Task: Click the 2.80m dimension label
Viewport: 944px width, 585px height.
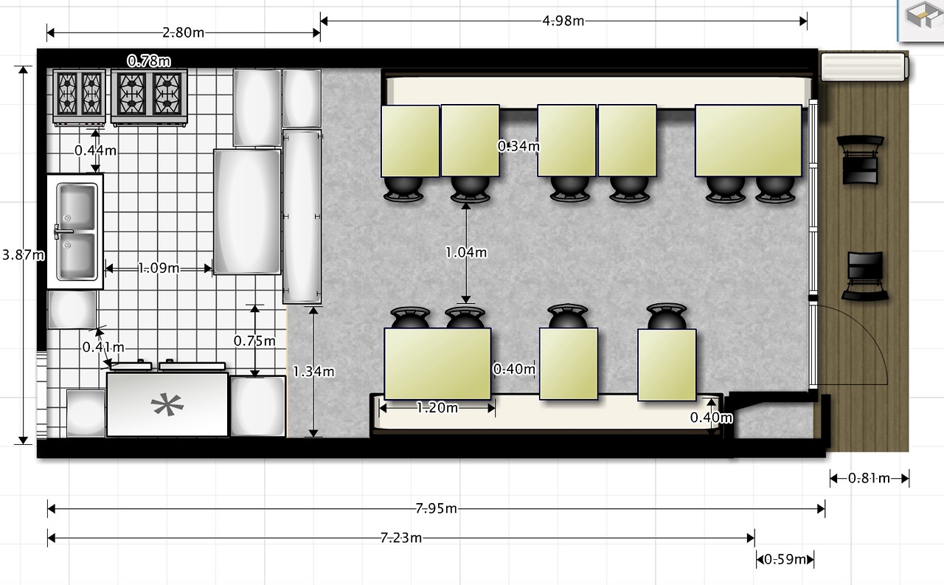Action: (x=184, y=32)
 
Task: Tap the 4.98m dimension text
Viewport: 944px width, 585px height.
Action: (x=563, y=21)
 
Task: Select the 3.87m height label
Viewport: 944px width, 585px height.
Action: (x=23, y=255)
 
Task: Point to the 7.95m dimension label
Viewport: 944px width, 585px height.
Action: (x=436, y=508)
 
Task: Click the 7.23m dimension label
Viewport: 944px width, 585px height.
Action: (x=400, y=537)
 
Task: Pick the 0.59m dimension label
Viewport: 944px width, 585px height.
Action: (x=785, y=559)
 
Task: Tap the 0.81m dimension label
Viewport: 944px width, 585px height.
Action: (x=869, y=478)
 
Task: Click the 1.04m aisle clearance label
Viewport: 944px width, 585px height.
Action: (x=466, y=252)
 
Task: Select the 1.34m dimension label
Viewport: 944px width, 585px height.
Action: (x=313, y=371)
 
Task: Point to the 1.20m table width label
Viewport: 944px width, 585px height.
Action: (x=437, y=407)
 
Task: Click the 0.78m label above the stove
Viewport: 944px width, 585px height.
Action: (x=149, y=61)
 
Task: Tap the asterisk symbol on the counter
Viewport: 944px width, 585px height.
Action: (x=167, y=404)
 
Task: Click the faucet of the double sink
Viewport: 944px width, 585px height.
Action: (x=63, y=232)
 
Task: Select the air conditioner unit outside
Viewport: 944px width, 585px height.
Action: (x=864, y=66)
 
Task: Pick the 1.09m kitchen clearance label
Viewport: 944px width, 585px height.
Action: (x=159, y=268)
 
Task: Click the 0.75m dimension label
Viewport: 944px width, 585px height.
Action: (x=254, y=341)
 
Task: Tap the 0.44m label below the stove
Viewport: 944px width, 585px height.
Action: (x=95, y=150)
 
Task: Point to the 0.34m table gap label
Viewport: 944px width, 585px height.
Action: (x=518, y=146)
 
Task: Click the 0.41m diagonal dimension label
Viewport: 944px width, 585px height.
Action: (x=103, y=347)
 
